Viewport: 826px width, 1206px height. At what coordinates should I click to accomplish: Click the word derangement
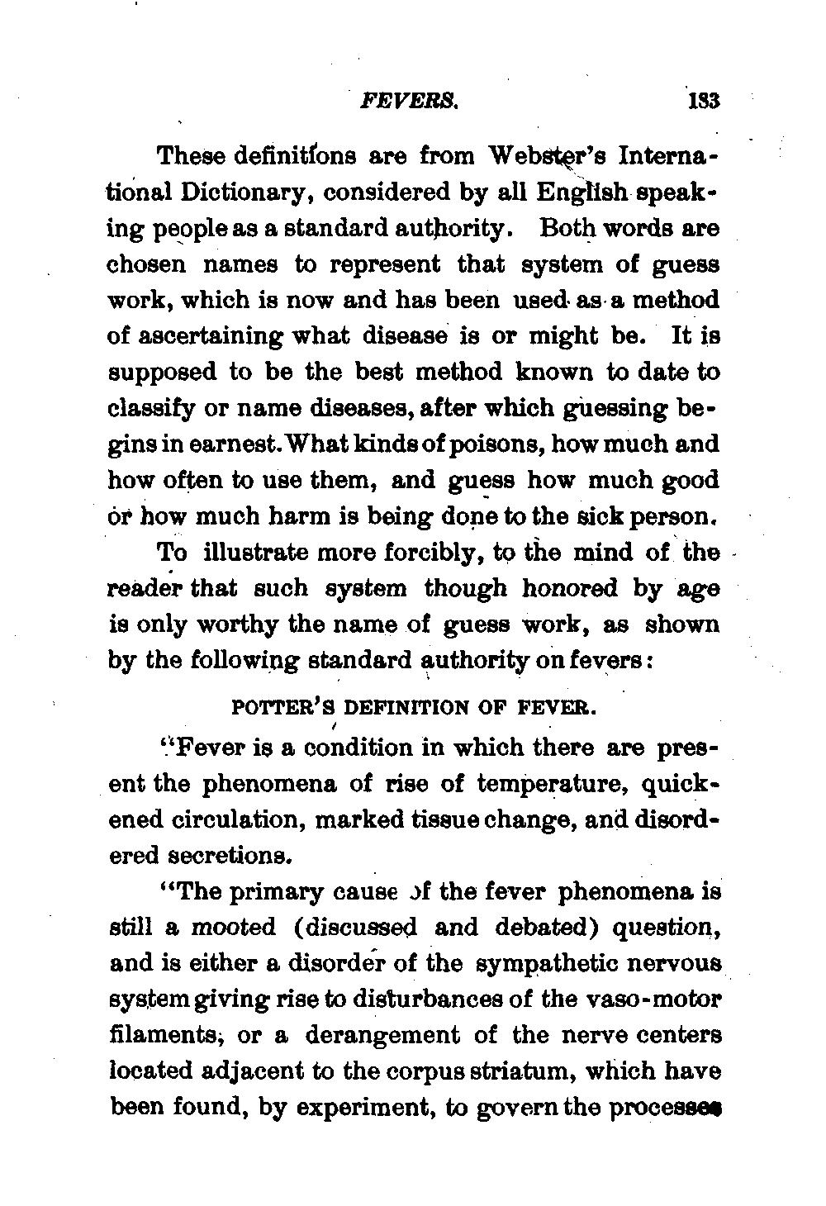tap(396, 1036)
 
